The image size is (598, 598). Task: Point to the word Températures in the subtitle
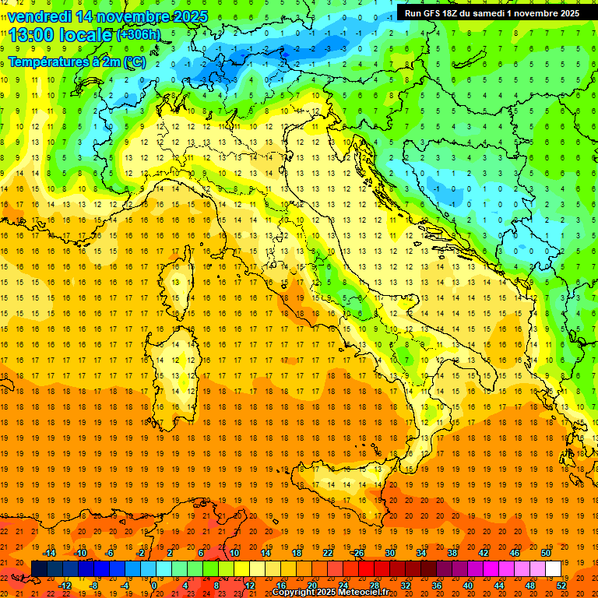pyautogui.click(x=45, y=62)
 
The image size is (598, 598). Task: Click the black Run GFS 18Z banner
pyautogui.click(x=492, y=12)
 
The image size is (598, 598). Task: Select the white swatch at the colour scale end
pyautogui.click(x=553, y=569)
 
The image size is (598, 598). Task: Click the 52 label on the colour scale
pyautogui.click(x=561, y=585)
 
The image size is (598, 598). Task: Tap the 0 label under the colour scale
pyautogui.click(x=154, y=585)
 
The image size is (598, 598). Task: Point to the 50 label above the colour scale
pyautogui.click(x=545, y=553)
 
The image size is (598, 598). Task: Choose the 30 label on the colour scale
pyautogui.click(x=390, y=553)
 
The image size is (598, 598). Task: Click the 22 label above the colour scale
pyautogui.click(x=328, y=553)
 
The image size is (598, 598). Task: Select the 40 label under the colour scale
pyautogui.click(x=468, y=585)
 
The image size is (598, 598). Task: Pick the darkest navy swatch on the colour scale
pyautogui.click(x=39, y=569)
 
